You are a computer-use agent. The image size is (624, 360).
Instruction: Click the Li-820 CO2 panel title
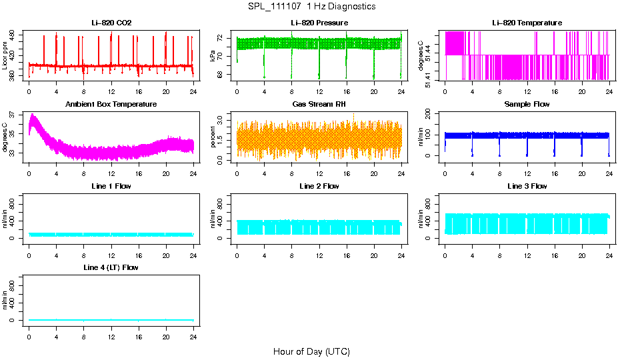(x=111, y=23)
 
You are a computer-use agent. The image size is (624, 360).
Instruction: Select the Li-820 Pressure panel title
(x=319, y=23)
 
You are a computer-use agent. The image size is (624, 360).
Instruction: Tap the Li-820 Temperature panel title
(x=527, y=23)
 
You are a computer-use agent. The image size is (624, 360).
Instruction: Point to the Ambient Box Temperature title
(x=111, y=104)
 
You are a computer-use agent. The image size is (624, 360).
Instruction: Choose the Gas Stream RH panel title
(x=319, y=104)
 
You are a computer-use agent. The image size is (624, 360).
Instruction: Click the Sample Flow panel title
(x=527, y=104)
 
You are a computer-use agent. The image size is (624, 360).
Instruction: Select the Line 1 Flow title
(x=111, y=186)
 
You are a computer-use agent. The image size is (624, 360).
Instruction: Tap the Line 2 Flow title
(x=319, y=186)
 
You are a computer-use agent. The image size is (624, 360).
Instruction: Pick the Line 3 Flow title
(x=527, y=186)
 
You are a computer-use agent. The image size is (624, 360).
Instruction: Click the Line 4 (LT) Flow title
(x=111, y=267)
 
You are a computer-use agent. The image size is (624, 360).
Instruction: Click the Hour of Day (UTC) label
(x=311, y=351)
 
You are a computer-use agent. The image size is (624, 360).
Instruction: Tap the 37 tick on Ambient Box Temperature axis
(x=15, y=115)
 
